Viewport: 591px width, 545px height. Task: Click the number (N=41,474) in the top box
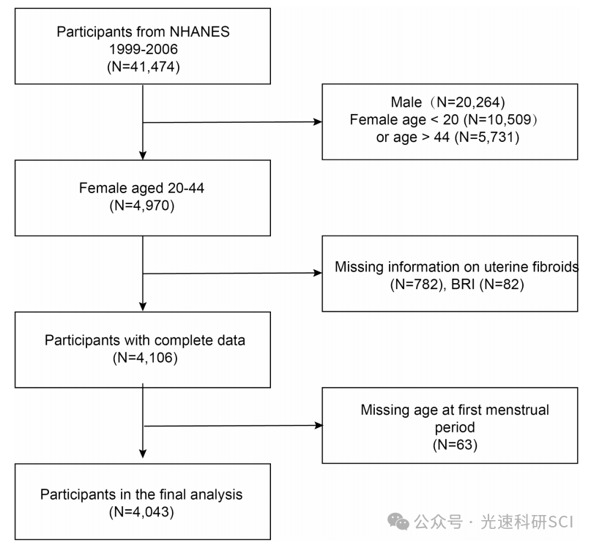point(144,67)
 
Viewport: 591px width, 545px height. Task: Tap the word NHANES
point(199,31)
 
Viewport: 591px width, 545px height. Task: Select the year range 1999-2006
point(144,49)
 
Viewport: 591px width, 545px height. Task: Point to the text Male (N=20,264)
point(447,102)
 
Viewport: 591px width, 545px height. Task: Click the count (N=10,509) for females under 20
point(500,120)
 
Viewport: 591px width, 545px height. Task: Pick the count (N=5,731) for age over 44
point(487,137)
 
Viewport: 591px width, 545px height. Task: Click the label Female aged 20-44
point(142,188)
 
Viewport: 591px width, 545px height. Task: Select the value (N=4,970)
point(142,206)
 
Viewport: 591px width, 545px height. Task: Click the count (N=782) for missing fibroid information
point(417,284)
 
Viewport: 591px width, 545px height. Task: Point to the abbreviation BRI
point(463,284)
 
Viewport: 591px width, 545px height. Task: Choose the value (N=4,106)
point(145,358)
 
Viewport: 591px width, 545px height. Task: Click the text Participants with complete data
point(145,340)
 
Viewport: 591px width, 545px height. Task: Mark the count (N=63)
point(455,445)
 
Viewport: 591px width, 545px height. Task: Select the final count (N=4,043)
point(142,512)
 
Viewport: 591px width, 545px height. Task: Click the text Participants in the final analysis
point(141,495)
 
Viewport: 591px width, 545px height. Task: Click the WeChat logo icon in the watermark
point(398,522)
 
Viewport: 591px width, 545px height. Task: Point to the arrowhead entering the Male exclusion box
point(318,121)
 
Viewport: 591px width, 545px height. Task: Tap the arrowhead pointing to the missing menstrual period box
point(319,425)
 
